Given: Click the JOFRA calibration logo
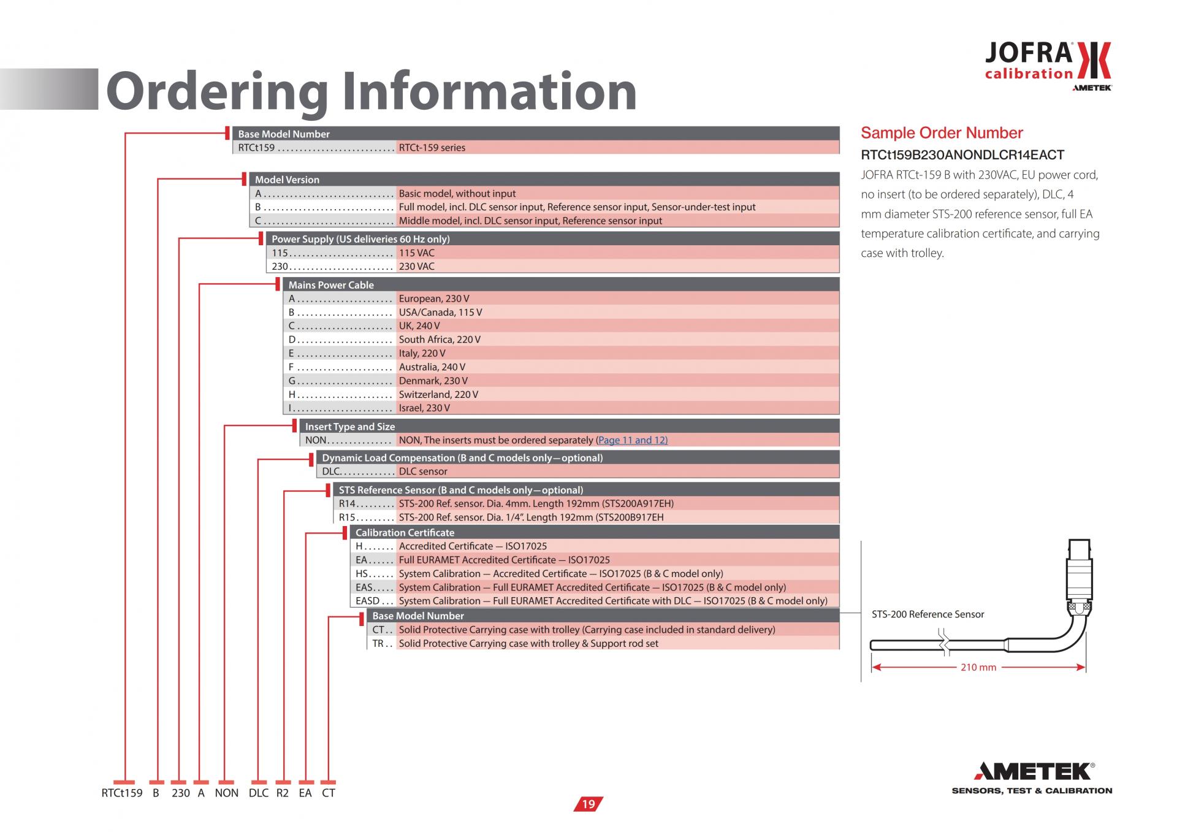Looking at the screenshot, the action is point(1048,66).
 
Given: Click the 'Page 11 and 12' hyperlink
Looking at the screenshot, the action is point(631,440).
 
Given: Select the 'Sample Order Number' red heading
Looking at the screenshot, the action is point(942,133).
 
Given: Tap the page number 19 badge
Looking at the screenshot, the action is point(588,804).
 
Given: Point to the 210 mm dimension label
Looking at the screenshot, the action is point(978,667).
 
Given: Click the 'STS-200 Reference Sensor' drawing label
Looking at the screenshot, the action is point(928,614).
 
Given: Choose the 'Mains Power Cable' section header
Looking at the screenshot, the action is point(331,285).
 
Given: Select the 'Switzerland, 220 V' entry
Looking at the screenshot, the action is point(438,394).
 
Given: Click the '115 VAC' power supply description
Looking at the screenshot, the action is point(416,253).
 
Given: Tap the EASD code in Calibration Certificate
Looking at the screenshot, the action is point(368,601).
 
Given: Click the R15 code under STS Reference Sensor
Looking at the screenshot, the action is point(347,517).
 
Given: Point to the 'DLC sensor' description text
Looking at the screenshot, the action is point(423,471).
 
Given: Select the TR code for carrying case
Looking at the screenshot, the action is point(378,644).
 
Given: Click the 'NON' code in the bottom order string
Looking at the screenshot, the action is point(226,793).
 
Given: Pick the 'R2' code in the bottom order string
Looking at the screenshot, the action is point(282,793).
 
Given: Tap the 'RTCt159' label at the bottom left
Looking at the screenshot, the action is point(121,793).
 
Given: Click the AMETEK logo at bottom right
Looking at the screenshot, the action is point(1032,778).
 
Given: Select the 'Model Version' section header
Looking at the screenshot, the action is point(287,180).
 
